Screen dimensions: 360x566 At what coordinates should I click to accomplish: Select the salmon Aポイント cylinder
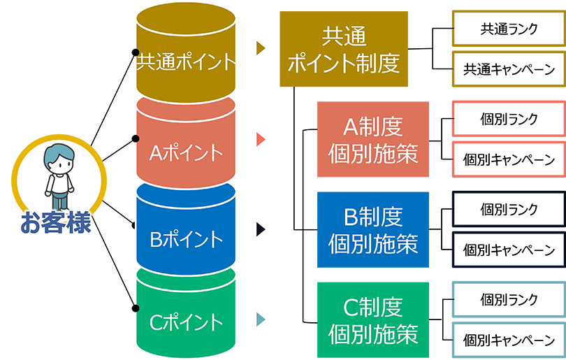[185, 150]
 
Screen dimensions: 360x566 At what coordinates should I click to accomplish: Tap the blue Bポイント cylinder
[185, 238]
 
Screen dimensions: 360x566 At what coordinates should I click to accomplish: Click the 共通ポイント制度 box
[343, 50]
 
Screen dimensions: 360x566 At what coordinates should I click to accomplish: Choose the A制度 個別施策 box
[372, 139]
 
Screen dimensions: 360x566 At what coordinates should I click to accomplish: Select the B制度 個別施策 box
[372, 229]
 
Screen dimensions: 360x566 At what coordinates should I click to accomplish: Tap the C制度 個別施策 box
[372, 319]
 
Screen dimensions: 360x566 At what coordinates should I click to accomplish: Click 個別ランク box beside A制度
[509, 118]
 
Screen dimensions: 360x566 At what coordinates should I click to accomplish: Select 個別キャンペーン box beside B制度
[509, 249]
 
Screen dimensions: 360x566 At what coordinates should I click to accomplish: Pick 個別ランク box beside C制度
[509, 299]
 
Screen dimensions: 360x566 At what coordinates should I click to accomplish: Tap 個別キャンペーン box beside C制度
[509, 340]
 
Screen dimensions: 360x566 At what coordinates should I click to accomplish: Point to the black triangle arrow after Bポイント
[261, 229]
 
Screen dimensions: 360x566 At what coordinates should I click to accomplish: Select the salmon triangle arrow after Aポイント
[261, 138]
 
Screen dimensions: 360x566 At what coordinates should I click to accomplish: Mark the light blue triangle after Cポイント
[261, 319]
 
